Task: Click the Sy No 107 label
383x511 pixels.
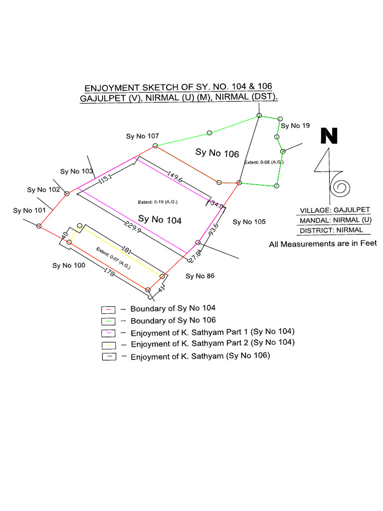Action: tap(142, 136)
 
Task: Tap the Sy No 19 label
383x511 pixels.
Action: tap(295, 126)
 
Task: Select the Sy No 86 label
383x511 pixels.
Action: tap(200, 276)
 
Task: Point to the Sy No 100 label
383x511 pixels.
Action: tap(69, 265)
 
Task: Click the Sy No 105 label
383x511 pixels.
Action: tap(249, 222)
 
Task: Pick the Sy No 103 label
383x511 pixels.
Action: tap(76, 172)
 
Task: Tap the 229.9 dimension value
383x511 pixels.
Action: tap(133, 227)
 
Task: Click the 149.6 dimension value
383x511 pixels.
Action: tap(175, 176)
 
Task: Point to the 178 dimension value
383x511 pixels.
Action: tap(109, 272)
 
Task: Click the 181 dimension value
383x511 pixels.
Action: tap(126, 251)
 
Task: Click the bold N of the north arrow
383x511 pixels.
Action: tap(329, 136)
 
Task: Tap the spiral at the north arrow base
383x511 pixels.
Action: tap(340, 187)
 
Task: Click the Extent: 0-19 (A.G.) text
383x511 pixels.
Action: tap(158, 202)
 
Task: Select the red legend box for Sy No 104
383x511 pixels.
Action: tap(108, 309)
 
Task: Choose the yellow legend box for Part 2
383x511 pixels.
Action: tap(108, 345)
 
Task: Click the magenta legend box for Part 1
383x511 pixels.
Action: tap(108, 333)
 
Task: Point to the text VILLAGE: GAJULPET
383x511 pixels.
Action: tap(335, 210)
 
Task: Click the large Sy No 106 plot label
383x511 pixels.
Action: tap(217, 153)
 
